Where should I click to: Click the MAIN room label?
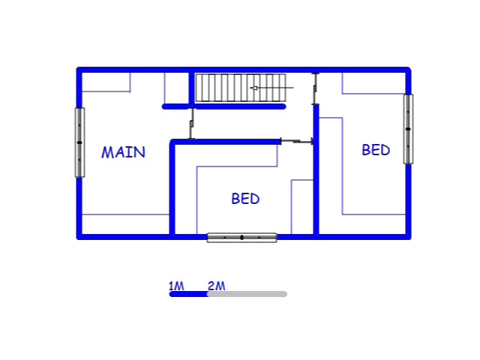pos(123,152)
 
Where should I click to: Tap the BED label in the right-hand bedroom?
pos(376,150)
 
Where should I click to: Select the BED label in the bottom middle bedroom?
pos(245,199)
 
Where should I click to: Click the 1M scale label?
pos(176,286)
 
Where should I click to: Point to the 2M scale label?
pos(217,286)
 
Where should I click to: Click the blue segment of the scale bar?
pos(189,294)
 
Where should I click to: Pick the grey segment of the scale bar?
pos(247,294)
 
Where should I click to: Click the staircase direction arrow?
pos(271,88)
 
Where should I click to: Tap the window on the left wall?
pos(79,142)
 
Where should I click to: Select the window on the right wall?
pos(408,129)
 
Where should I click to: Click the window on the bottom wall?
pos(241,238)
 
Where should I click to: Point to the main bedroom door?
pos(192,123)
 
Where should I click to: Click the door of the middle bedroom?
pos(297,141)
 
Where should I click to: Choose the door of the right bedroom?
pos(315,88)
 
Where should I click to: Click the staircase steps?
pos(241,88)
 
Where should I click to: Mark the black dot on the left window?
pos(79,142)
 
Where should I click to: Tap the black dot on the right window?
pos(408,129)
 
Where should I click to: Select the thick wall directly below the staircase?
pos(223,106)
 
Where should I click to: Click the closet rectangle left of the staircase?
pos(176,88)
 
